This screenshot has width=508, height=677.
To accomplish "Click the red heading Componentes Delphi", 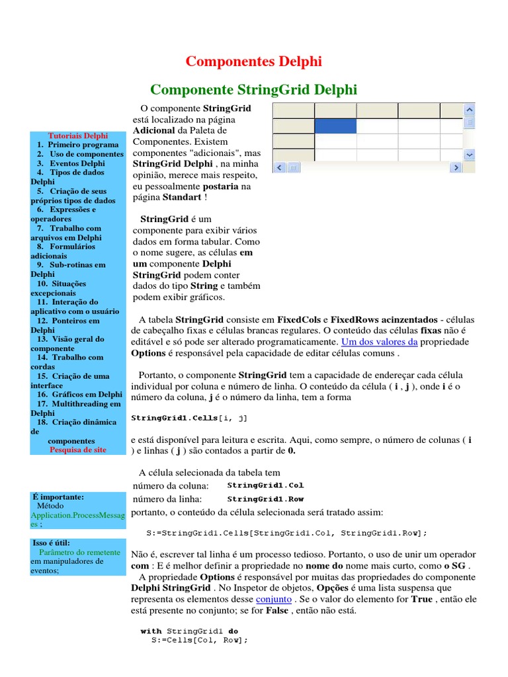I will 253,62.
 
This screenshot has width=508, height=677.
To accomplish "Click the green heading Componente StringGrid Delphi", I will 253,89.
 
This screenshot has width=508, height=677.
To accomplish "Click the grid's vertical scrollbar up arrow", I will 469,109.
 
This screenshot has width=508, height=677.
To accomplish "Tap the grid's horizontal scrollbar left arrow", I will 280,168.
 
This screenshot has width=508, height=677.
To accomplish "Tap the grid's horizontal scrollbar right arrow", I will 455,168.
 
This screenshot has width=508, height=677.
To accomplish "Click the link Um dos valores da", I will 379,342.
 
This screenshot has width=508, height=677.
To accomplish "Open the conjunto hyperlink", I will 273,599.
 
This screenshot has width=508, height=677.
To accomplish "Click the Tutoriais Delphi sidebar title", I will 77,135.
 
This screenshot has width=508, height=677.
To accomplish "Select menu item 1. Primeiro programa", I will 78,144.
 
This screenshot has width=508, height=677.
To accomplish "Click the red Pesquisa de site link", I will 77,450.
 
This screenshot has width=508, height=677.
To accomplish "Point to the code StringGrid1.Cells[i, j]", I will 190,418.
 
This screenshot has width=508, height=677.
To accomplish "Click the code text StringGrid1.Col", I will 265,485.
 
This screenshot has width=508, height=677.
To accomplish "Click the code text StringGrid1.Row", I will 265,499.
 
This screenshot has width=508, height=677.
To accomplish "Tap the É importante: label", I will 58,496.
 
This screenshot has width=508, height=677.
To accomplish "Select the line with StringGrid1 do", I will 189,631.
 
